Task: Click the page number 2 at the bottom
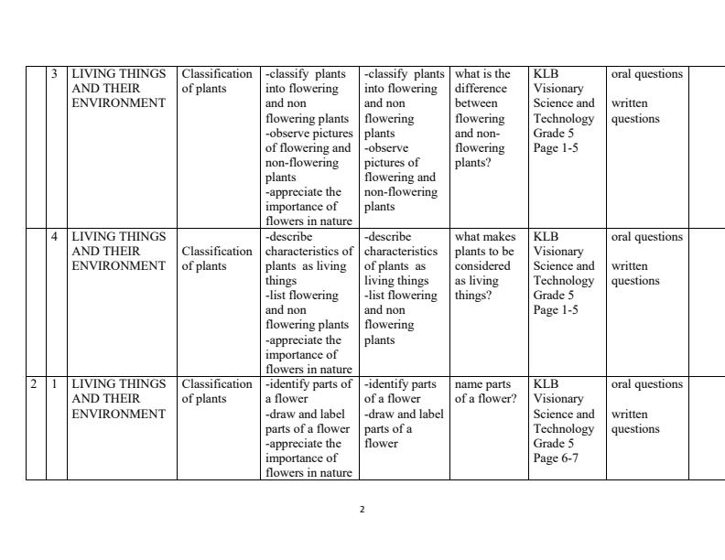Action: [362, 510]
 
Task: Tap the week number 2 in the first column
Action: [33, 384]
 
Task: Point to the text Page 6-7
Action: [556, 458]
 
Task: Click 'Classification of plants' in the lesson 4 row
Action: [216, 258]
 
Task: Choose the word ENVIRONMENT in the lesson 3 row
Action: [119, 103]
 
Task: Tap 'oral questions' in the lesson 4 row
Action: [646, 237]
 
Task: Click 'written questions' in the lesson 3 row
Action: [635, 111]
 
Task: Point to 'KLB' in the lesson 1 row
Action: [546, 384]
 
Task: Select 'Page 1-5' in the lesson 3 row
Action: [556, 148]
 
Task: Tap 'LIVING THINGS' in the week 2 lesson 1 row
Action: [119, 384]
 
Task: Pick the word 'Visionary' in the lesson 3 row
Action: [558, 89]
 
